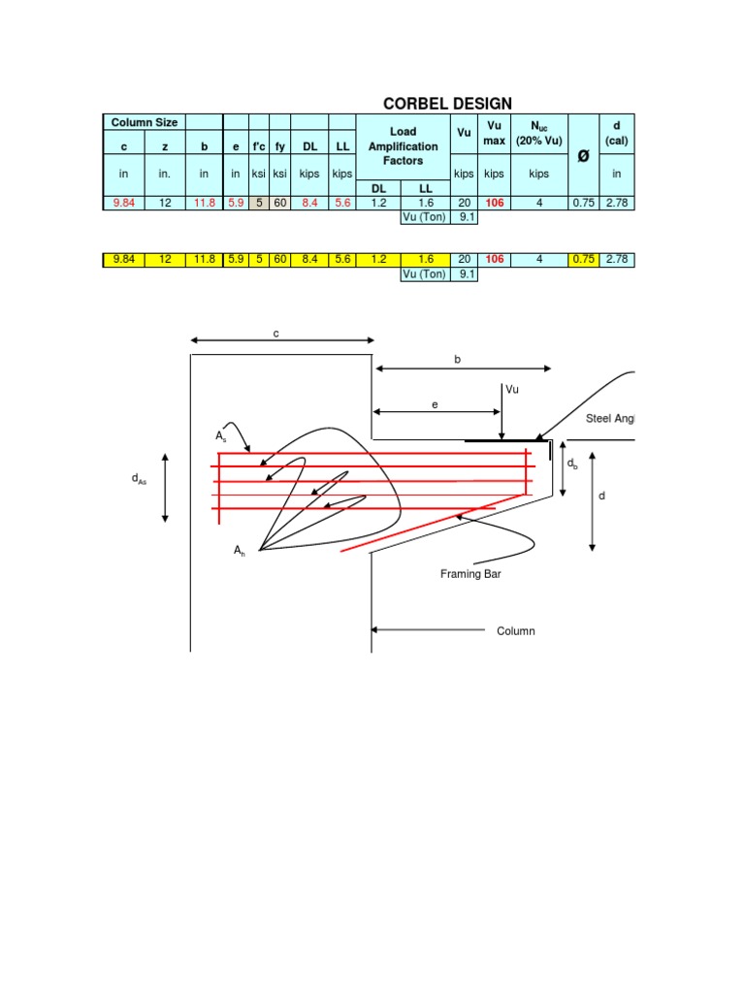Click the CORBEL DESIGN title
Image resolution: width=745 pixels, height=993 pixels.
pos(447,104)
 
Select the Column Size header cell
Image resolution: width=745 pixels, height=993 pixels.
pos(144,122)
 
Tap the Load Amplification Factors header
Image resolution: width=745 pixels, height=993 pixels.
pos(403,146)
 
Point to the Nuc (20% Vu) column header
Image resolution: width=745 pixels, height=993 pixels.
pos(539,133)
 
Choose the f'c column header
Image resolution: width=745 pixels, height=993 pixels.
pos(259,146)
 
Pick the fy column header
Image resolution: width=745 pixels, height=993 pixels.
pos(280,146)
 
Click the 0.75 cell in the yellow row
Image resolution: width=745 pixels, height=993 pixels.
pos(583,260)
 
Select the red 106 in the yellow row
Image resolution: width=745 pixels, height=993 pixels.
pos(495,260)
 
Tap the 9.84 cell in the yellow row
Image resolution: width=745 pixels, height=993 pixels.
pos(124,260)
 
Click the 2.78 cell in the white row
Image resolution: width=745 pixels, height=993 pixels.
pos(616,203)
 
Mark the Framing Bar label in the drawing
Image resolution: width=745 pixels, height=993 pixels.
pos(470,574)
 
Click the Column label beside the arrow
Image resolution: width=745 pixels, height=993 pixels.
pos(516,631)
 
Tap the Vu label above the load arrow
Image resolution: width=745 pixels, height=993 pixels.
pos(512,389)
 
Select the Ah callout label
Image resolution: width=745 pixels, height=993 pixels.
pos(239,550)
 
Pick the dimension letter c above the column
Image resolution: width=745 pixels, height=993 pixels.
pos(276,334)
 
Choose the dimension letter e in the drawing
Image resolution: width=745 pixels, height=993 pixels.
pos(436,403)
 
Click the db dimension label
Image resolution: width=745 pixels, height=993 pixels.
pos(572,464)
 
